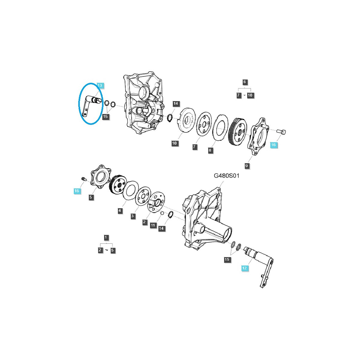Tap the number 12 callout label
244,268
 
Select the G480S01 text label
226,176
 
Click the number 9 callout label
247,166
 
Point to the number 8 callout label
211,150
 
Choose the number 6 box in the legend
244,82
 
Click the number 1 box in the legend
106,237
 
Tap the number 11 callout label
153,225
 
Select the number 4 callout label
120,211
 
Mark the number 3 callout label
133,216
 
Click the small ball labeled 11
161,213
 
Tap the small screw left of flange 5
83,179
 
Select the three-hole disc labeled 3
143,196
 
